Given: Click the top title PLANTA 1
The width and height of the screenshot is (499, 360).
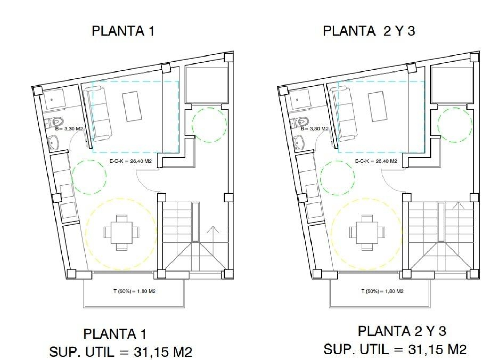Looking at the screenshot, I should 123,31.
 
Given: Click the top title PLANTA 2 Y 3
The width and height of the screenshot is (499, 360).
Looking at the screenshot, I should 369,31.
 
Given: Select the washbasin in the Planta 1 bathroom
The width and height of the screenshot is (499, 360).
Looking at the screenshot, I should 53,142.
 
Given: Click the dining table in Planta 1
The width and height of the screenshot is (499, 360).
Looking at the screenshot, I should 121,232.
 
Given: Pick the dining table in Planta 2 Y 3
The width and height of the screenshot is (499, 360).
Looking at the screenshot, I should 367,232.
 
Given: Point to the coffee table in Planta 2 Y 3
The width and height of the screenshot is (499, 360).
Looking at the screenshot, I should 378,107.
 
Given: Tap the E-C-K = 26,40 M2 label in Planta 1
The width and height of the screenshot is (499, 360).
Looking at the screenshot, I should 130,161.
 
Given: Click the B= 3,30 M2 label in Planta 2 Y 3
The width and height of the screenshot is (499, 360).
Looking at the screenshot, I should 314,129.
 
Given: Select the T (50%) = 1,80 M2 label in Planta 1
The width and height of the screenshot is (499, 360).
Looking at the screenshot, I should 134,291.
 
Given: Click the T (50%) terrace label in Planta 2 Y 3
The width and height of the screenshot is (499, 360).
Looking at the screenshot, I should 382,291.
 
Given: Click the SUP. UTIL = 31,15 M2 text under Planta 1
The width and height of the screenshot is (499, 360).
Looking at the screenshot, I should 120,351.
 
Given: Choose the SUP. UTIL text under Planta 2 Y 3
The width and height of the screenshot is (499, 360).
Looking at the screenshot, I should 395,349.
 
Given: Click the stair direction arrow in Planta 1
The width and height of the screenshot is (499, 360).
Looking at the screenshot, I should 213,230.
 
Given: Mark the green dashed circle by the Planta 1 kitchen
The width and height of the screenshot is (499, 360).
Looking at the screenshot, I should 89,177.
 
